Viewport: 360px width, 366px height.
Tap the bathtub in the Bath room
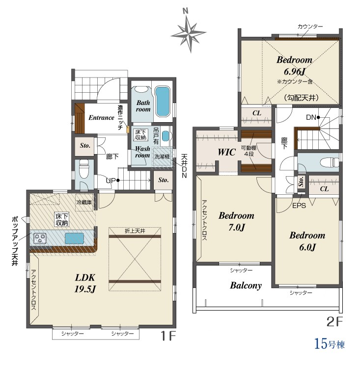pyautogui.click(x=163, y=101)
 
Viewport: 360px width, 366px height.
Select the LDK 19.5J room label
pyautogui.click(x=85, y=283)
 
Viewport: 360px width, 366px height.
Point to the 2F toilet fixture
pyautogui.click(x=329, y=162)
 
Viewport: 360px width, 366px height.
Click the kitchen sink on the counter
pyautogui.click(x=74, y=238)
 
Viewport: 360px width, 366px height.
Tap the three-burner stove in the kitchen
pyautogui.click(x=40, y=238)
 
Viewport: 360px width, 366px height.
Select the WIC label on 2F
pyautogui.click(x=226, y=152)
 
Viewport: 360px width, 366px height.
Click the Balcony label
pyautogui.click(x=246, y=285)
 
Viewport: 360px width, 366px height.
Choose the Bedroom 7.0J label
pyautogui.click(x=236, y=221)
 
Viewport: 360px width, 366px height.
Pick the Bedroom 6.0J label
pyautogui.click(x=307, y=241)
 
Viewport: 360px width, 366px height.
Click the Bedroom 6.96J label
pyautogui.click(x=294, y=66)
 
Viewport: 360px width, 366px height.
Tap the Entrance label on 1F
pyautogui.click(x=101, y=118)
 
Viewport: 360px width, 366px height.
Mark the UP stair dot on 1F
pyautogui.click(x=118, y=180)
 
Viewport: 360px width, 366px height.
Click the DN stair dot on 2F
pyautogui.click(x=318, y=117)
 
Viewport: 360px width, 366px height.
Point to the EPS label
pyautogui.click(x=299, y=206)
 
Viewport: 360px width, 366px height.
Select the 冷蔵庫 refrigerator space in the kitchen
pyautogui.click(x=84, y=202)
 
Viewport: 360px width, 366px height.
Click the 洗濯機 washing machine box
pyautogui.click(x=162, y=157)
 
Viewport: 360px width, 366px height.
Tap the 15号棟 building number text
pyautogui.click(x=330, y=344)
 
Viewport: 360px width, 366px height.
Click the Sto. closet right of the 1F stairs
pyautogui.click(x=163, y=180)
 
